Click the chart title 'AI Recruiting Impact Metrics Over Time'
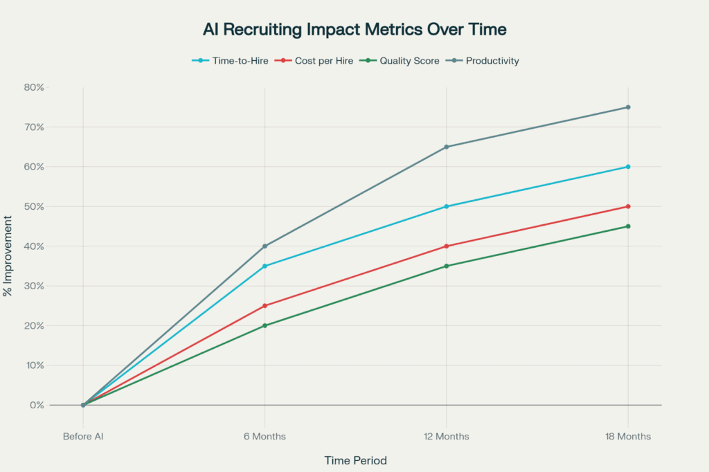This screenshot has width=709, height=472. (x=354, y=30)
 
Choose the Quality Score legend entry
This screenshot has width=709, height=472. (x=403, y=61)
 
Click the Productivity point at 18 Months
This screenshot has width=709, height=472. (x=628, y=107)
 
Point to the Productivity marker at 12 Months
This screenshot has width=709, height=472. (x=447, y=147)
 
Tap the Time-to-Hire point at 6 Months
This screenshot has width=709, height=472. (x=264, y=266)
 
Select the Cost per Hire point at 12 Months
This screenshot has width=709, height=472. (x=447, y=246)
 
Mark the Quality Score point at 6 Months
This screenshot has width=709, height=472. (x=264, y=325)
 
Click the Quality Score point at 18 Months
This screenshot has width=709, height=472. (x=628, y=226)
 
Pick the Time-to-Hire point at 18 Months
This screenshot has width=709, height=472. (x=628, y=167)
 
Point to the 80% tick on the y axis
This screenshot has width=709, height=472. (x=33, y=87)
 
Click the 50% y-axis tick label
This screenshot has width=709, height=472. (x=33, y=206)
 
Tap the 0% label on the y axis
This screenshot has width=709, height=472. (x=37, y=405)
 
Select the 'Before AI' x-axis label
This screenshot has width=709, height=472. (x=83, y=437)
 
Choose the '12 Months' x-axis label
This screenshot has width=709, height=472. (x=447, y=437)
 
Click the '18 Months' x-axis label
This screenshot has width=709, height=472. (x=628, y=437)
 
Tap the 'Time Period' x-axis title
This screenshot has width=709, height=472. (x=355, y=460)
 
